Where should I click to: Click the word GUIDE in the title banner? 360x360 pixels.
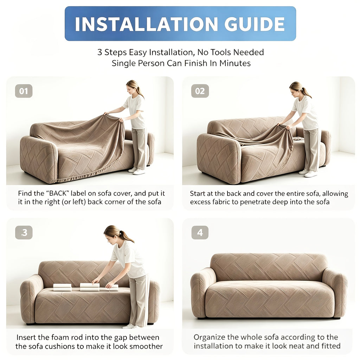(x=255, y=24)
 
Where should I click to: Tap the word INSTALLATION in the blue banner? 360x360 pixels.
(x=146, y=24)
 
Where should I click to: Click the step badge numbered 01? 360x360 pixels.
(x=24, y=91)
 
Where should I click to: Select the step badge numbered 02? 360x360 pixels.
(x=200, y=91)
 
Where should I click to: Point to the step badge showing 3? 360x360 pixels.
(x=24, y=233)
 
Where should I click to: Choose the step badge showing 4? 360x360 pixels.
(x=200, y=233)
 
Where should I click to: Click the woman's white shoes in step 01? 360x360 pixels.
(x=137, y=171)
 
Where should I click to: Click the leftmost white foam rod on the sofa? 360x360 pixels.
(x=63, y=287)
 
